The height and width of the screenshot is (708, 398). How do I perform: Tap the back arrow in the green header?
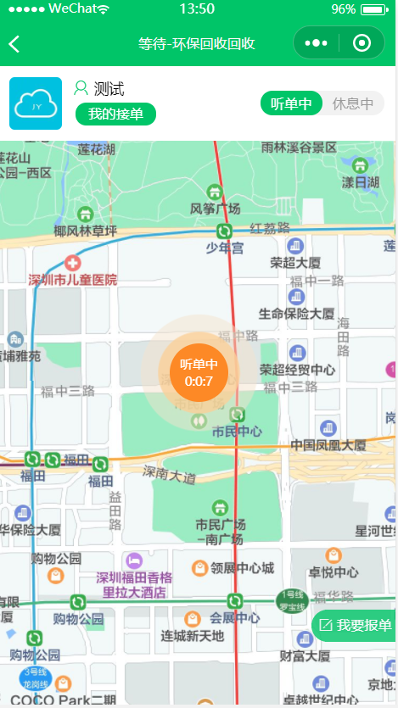[14, 43]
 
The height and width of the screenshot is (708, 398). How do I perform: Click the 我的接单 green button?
[115, 114]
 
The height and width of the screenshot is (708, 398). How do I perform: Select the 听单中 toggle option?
[291, 103]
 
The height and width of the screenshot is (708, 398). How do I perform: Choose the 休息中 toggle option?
[353, 103]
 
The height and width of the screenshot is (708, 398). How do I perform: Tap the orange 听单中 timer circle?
[197, 373]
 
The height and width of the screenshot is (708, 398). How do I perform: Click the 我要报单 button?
[356, 626]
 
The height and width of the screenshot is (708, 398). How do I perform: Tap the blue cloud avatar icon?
[36, 103]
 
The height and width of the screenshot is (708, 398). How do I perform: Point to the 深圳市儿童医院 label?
[73, 279]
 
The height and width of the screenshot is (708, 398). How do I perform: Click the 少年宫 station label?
[225, 248]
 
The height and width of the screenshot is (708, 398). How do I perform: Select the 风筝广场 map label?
[216, 208]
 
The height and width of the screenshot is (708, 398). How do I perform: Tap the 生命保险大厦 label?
[297, 313]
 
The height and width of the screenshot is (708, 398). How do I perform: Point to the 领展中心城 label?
[243, 567]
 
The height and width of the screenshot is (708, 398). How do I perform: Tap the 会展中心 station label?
[235, 617]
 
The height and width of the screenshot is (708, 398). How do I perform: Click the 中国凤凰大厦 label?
[328, 444]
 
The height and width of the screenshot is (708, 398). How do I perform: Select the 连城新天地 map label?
[193, 635]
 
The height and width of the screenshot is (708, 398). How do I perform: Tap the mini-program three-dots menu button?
[316, 43]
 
